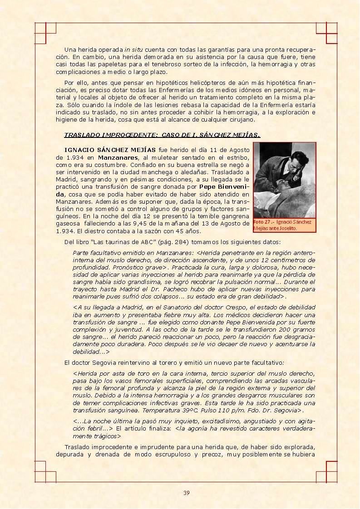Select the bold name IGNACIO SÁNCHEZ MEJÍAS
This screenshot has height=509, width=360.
(x=110, y=150)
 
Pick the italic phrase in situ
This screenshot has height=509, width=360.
(x=133, y=49)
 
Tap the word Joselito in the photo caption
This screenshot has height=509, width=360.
(x=285, y=228)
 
